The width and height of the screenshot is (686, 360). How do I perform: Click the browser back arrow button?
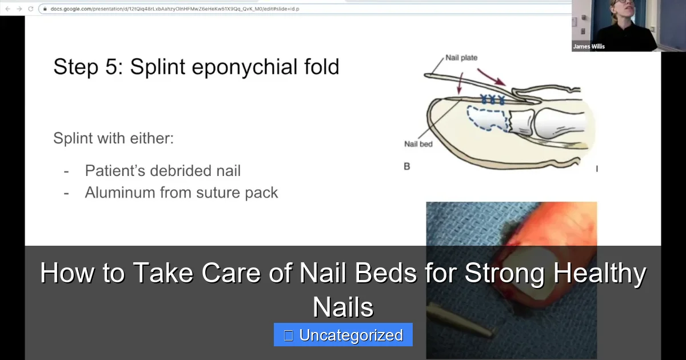[7, 9]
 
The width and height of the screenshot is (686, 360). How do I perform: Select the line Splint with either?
[113, 138]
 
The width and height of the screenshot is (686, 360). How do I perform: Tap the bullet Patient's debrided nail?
[162, 170]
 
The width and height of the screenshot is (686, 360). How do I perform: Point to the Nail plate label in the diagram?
[461, 58]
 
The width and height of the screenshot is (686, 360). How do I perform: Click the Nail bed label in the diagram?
[418, 144]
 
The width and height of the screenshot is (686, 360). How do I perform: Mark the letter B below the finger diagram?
[407, 167]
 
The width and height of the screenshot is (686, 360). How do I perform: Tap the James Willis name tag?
[589, 46]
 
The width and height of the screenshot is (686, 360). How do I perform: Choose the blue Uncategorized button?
[343, 335]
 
